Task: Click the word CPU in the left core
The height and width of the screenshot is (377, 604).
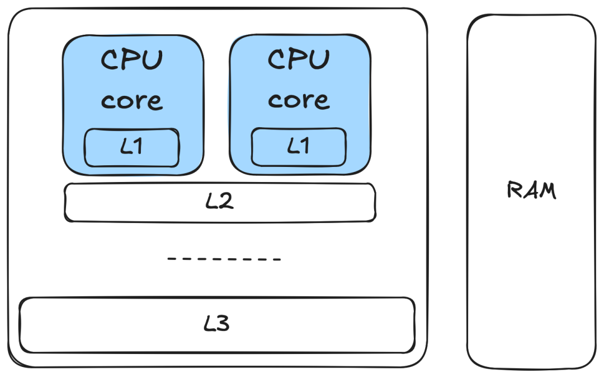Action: (x=132, y=59)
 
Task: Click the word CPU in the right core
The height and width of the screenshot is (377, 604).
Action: (x=299, y=59)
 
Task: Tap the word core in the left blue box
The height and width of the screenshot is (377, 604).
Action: (x=132, y=101)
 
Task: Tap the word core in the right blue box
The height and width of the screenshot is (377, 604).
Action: (x=299, y=101)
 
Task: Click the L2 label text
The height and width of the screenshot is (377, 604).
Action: (x=220, y=201)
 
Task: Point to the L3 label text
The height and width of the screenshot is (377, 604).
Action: (x=217, y=323)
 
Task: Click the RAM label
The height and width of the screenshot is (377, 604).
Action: (x=532, y=190)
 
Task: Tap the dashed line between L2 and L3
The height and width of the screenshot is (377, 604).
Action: (x=224, y=259)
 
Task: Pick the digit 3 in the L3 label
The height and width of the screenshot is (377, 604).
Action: (x=223, y=323)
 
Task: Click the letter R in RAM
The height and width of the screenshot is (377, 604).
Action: (x=515, y=189)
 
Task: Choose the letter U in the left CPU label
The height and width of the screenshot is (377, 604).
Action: (x=154, y=60)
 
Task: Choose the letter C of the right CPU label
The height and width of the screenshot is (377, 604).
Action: (x=276, y=59)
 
